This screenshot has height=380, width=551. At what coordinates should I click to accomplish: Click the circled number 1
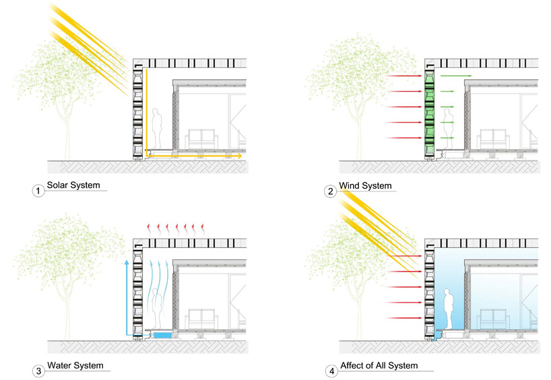(x=38, y=191)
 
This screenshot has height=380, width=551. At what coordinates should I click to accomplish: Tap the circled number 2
(x=330, y=191)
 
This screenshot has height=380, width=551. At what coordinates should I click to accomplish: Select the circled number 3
(x=38, y=370)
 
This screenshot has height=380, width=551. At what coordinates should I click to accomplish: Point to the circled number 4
(x=330, y=370)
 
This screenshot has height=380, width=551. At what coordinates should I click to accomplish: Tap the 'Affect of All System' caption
(x=379, y=365)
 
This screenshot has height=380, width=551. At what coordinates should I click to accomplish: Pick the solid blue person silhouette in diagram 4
(x=446, y=307)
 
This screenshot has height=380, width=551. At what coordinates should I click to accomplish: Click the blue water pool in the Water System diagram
(x=162, y=334)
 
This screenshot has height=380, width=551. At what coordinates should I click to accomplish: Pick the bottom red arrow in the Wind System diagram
(x=404, y=137)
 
